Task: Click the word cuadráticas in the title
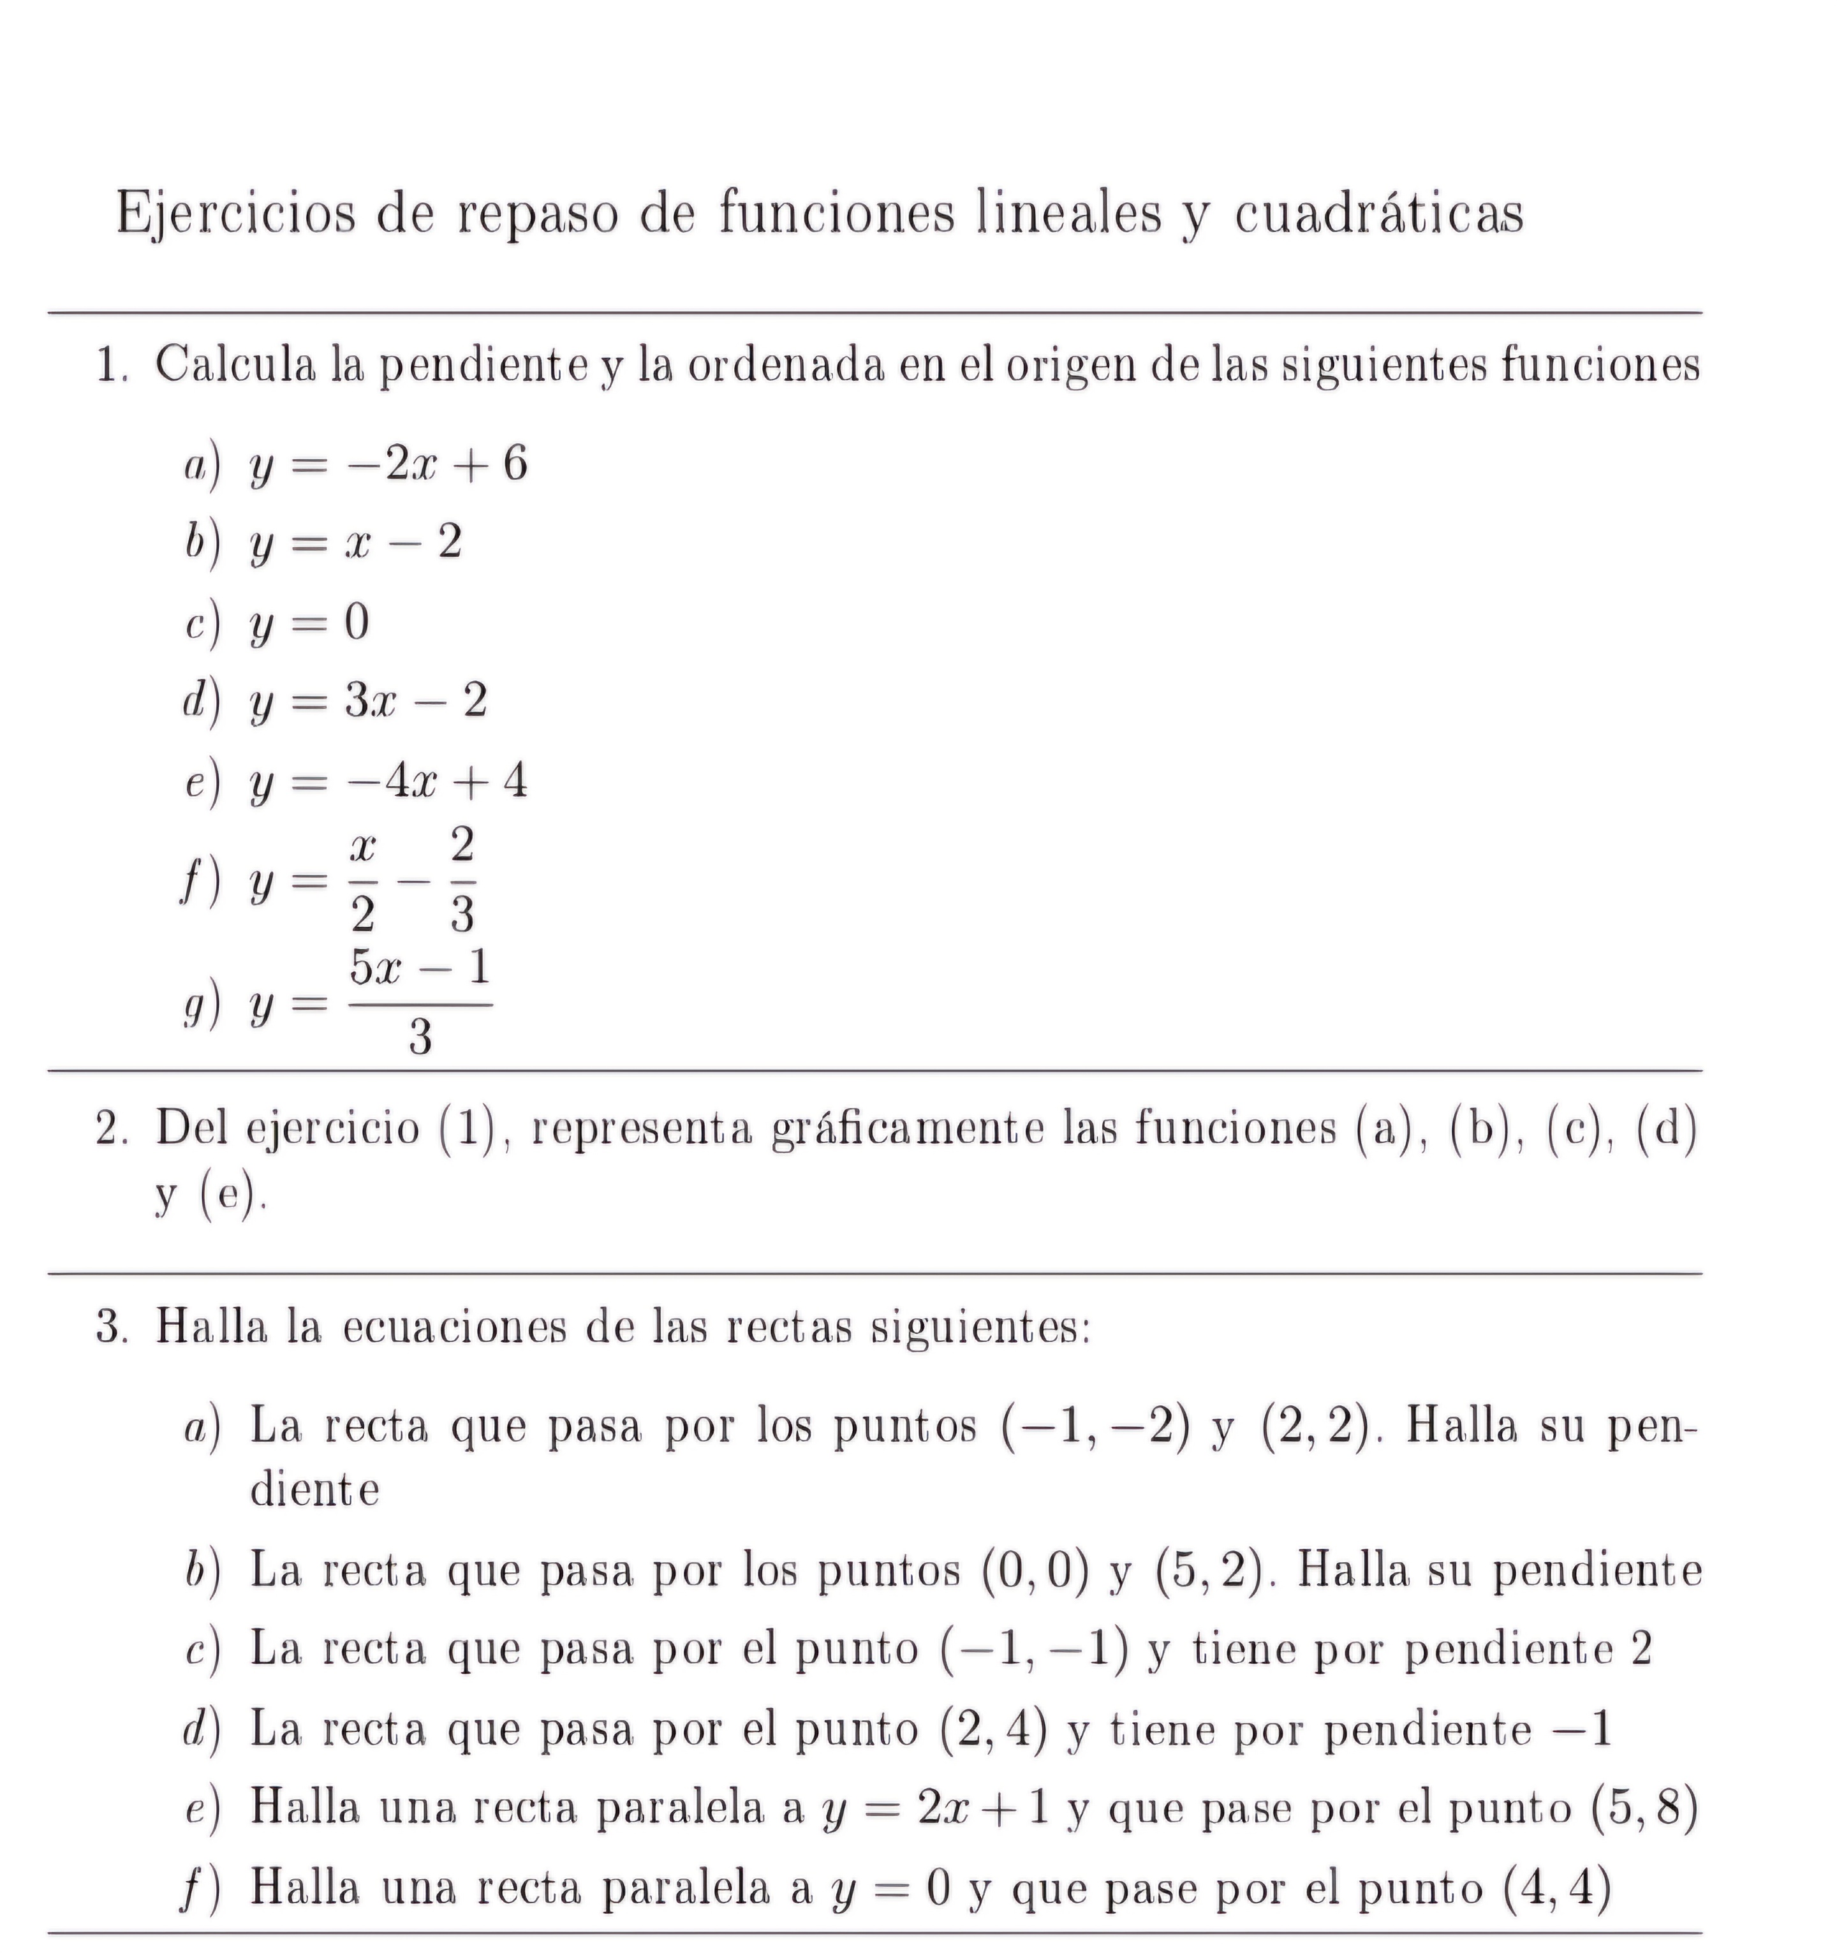click(x=1378, y=212)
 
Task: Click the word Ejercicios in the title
click(x=235, y=212)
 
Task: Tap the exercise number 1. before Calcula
click(x=112, y=366)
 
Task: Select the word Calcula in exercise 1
click(x=236, y=366)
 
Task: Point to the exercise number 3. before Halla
click(x=112, y=1328)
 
